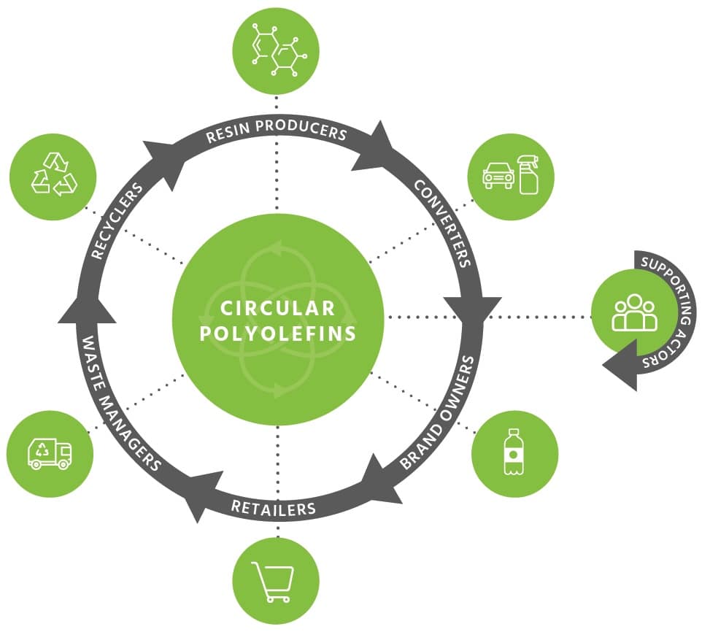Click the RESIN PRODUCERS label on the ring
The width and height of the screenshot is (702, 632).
[276, 134]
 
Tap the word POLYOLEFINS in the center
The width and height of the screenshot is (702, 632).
[279, 334]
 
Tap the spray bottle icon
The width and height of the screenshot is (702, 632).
[528, 174]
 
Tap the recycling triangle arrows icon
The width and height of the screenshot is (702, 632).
[53, 174]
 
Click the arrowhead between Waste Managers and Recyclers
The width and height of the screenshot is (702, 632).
[86, 307]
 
